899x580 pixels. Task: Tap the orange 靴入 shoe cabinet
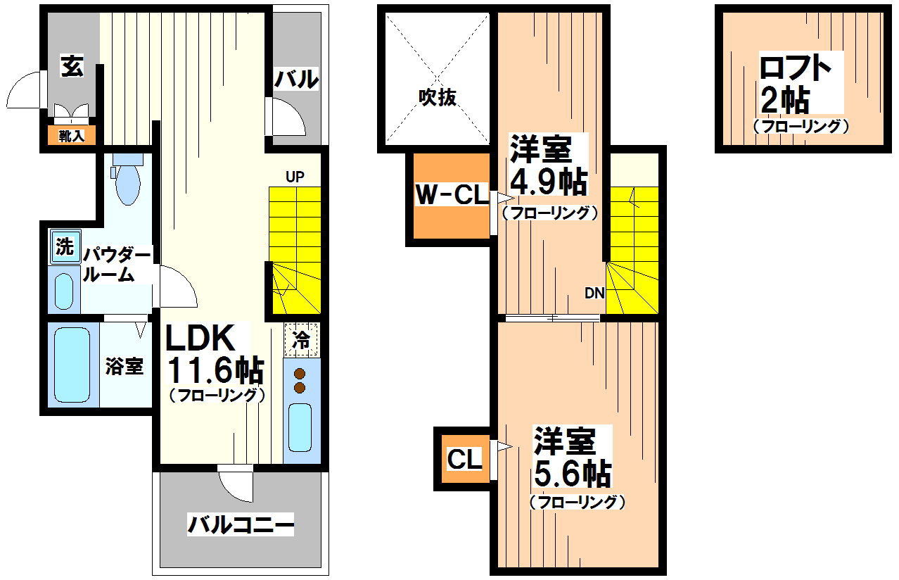click(x=71, y=136)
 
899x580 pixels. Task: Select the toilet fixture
click(x=127, y=182)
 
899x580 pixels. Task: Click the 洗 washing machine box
click(x=65, y=246)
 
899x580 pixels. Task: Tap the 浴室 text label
click(x=125, y=366)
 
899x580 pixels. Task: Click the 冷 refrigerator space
click(x=301, y=340)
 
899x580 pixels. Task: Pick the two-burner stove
click(x=300, y=381)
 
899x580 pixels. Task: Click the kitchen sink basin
click(x=300, y=428)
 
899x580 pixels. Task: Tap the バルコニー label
click(x=240, y=525)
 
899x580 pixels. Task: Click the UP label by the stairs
click(x=295, y=177)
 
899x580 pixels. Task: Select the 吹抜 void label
click(x=437, y=97)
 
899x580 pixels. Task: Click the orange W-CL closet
click(x=451, y=195)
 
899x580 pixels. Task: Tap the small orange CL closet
click(x=465, y=459)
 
